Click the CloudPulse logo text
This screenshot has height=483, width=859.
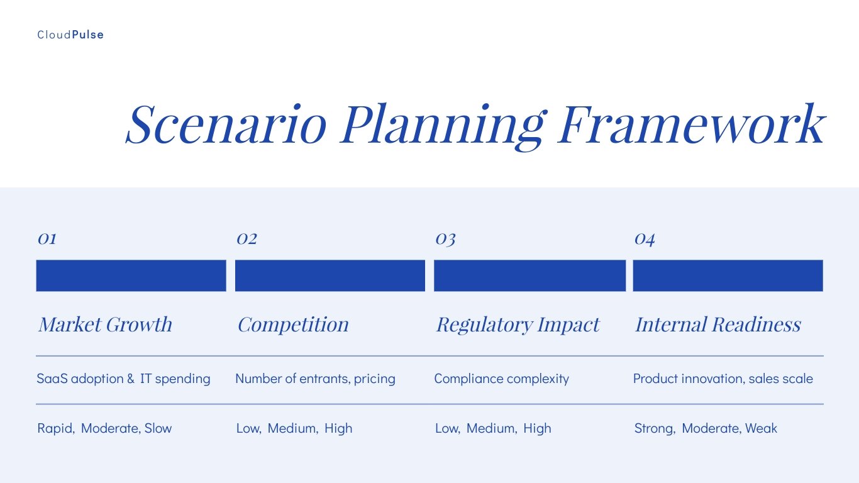[70, 35]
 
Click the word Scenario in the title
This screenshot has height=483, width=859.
[226, 123]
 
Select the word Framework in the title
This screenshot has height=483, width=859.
[691, 123]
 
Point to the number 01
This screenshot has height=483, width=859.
[47, 239]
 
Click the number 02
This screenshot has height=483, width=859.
[247, 239]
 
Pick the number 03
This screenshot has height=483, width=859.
[445, 239]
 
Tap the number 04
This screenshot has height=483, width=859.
[645, 239]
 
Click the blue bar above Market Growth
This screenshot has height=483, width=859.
[131, 275]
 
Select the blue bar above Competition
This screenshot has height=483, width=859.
[330, 275]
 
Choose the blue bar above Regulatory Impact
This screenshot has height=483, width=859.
[529, 275]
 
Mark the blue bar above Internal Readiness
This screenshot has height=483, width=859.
[728, 275]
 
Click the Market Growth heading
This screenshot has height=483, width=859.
[105, 325]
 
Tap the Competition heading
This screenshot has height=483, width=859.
[293, 325]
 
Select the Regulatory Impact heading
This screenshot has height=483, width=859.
[518, 325]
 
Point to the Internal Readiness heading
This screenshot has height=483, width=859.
[718, 325]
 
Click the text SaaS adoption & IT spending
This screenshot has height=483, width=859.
[123, 379]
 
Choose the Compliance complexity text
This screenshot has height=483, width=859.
[501, 379]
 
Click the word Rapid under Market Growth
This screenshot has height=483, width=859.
[55, 428]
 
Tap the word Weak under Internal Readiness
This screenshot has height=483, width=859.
[761, 428]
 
